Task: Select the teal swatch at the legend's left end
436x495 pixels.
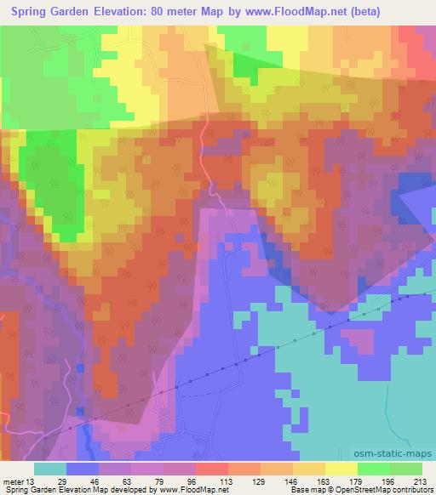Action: [50, 469]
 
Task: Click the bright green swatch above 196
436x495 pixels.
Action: [373, 469]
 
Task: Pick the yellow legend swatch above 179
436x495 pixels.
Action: [341, 469]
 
